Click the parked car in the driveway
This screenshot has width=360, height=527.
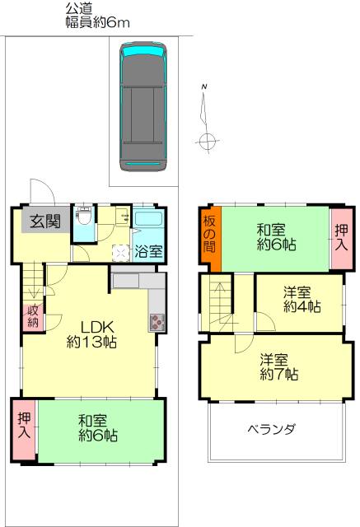click(x=143, y=106)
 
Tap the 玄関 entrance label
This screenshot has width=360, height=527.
click(x=45, y=222)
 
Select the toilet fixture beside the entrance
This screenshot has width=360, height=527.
click(x=83, y=216)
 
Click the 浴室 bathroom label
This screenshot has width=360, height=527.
click(x=148, y=251)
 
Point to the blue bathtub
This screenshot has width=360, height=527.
click(x=148, y=217)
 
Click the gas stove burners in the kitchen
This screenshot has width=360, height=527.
click(x=157, y=322)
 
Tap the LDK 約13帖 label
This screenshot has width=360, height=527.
click(x=91, y=334)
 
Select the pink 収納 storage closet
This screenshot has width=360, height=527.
click(x=33, y=316)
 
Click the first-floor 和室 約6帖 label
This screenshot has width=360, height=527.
click(x=98, y=428)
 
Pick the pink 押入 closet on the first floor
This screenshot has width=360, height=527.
click(x=24, y=429)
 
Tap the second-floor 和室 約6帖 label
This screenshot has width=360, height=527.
click(x=276, y=237)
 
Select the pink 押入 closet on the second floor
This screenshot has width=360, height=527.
click(x=341, y=238)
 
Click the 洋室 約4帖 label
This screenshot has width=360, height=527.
click(x=302, y=300)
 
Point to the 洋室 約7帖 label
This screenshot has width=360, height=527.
click(x=278, y=366)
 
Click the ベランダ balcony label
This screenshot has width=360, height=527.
click(x=272, y=429)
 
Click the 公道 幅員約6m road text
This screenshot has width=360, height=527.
click(x=97, y=16)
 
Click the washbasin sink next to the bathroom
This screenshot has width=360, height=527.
click(x=123, y=216)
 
